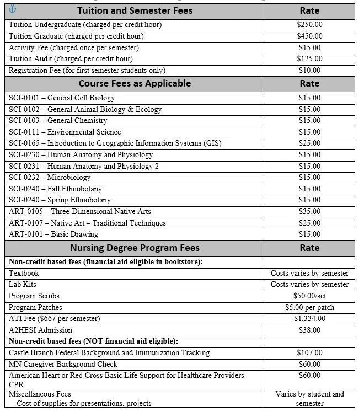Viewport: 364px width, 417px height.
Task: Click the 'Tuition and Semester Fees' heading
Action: click(135, 11)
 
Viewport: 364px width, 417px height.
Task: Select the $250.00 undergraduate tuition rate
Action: click(309, 25)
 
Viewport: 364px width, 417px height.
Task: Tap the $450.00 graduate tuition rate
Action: click(309, 36)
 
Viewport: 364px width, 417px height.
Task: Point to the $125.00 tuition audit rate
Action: click(309, 59)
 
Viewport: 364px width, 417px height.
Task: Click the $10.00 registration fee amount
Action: click(309, 71)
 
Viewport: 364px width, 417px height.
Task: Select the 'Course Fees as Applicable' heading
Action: click(135, 84)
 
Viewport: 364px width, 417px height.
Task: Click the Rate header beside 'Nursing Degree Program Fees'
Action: click(309, 248)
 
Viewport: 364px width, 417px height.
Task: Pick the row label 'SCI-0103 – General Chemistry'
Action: click(58, 121)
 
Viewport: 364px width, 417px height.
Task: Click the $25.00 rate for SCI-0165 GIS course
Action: click(309, 143)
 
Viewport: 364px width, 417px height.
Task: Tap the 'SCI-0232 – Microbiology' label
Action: click(50, 178)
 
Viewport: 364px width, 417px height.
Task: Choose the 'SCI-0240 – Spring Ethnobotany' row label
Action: click(60, 200)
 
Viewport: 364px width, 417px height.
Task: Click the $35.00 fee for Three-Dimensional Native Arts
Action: click(309, 212)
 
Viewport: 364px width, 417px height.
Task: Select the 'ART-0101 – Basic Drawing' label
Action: click(53, 234)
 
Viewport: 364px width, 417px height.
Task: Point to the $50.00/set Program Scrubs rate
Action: click(309, 296)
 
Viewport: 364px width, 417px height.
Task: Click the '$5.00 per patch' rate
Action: click(309, 307)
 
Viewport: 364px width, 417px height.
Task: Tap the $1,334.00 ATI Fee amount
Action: click(309, 319)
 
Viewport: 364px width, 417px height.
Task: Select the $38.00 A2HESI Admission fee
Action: click(309, 330)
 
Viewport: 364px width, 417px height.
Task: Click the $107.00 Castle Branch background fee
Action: click(309, 353)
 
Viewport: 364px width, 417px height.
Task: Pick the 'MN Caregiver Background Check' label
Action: click(63, 365)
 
